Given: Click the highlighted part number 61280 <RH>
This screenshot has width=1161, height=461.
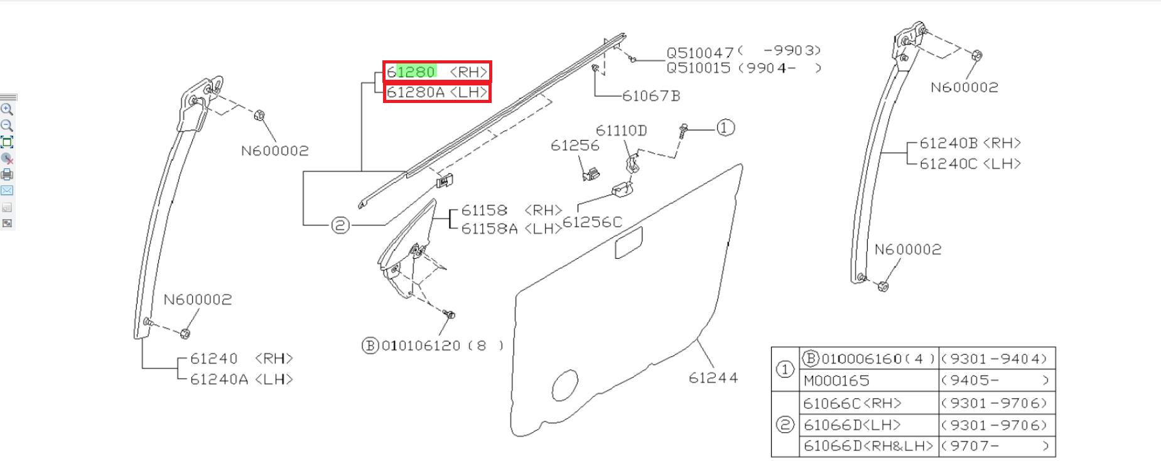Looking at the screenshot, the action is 437,72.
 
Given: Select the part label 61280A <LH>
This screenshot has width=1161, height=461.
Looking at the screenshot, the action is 437,92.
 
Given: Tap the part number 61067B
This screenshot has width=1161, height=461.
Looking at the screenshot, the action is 651,96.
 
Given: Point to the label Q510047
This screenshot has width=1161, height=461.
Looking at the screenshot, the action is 700,53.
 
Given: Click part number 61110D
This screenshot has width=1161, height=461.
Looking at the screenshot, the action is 621,131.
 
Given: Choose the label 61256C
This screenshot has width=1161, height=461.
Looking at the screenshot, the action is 592,222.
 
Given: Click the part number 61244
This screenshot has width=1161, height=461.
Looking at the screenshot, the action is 713,377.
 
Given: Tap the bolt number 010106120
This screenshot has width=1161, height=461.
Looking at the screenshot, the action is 421,346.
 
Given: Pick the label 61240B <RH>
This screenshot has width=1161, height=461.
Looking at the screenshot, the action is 970,143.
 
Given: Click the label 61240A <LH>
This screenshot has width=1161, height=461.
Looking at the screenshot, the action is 242,379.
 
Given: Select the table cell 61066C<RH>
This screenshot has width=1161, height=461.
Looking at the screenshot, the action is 853,403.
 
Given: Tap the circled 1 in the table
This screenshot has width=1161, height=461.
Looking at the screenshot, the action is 785,369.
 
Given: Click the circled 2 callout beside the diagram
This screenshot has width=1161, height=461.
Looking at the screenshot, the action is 340,225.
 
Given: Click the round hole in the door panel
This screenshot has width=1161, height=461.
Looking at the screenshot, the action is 564,384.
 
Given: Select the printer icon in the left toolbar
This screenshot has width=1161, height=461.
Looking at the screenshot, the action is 7,175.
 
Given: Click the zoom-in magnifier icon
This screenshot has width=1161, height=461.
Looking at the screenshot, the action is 7,109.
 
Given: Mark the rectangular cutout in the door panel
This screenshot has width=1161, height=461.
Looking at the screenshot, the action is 629,242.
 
